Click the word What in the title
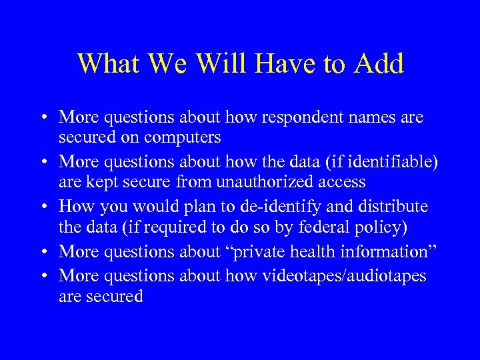tap(107, 64)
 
